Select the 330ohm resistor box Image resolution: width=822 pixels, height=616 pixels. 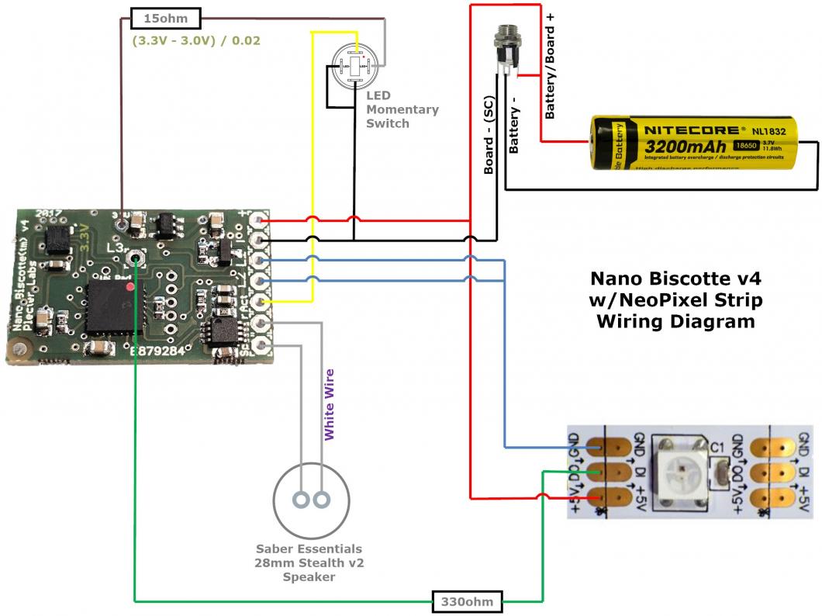click(468, 600)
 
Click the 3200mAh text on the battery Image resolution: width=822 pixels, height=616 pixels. click(682, 147)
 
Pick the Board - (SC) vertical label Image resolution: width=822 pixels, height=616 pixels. click(489, 139)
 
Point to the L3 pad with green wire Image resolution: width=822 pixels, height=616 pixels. click(136, 257)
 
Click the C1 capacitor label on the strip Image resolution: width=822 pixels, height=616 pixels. click(717, 448)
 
